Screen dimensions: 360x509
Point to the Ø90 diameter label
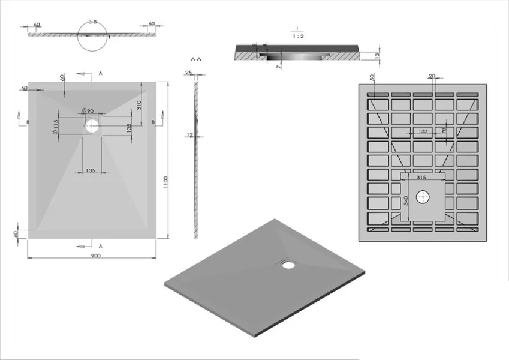tap(87, 111)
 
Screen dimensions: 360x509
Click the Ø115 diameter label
tap(56, 126)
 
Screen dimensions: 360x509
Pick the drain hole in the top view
tap(92, 126)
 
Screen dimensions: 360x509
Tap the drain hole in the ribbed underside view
tap(425, 197)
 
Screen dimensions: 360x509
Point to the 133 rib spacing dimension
tap(423, 131)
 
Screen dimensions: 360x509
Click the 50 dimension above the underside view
tap(372, 77)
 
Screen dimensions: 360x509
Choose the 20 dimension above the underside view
tap(432, 76)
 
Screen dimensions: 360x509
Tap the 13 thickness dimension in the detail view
tap(377, 55)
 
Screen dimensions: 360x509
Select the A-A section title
tap(195, 59)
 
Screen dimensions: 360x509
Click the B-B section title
tap(92, 22)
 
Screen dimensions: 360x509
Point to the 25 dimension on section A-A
tap(188, 73)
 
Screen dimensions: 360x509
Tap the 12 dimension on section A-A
tap(189, 135)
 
